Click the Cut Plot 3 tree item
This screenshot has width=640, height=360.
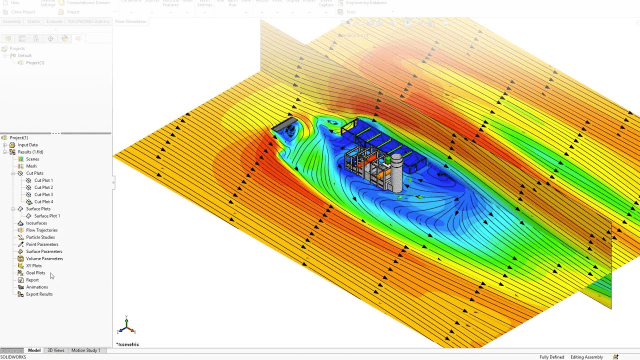(x=43, y=194)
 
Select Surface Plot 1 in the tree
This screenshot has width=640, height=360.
(x=46, y=216)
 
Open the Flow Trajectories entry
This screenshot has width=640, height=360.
(x=41, y=230)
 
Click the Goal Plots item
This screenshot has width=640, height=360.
(x=35, y=273)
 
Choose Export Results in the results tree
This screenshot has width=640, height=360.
(x=39, y=294)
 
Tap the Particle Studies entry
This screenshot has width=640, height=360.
(x=40, y=237)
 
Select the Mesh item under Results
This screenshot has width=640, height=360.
(x=31, y=166)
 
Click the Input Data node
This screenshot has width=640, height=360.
(x=27, y=145)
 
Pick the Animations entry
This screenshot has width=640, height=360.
(x=36, y=287)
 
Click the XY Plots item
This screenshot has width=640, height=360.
(x=33, y=265)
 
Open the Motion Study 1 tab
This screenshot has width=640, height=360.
(x=85, y=350)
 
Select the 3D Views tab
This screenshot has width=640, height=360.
(x=55, y=350)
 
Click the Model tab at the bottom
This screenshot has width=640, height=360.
(x=34, y=350)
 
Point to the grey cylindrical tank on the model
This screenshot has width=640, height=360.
(x=396, y=172)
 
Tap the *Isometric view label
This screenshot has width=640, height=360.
(x=127, y=344)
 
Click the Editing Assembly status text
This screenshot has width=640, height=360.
(x=586, y=357)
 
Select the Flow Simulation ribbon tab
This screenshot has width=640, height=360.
(x=130, y=21)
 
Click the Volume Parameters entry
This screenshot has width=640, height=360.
(x=44, y=258)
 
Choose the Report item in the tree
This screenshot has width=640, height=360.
(x=32, y=280)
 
